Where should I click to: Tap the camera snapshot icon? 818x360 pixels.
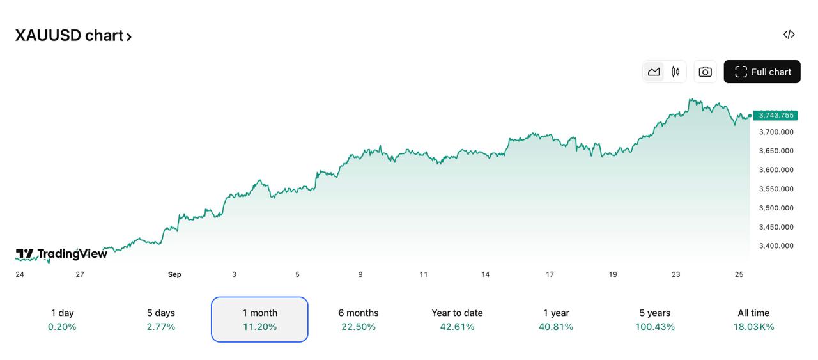tap(705, 72)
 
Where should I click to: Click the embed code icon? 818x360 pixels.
tap(789, 35)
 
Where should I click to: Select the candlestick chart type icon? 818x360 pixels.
tap(675, 72)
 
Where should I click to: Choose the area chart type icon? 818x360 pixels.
tap(654, 72)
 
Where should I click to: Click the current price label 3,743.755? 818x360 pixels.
tap(776, 116)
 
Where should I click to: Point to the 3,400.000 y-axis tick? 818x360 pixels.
tap(776, 246)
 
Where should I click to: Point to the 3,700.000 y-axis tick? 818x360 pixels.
tap(776, 132)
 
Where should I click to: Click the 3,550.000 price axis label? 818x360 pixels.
tap(776, 189)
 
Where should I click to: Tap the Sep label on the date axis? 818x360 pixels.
tap(174, 274)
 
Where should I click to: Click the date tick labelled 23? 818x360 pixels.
tap(675, 274)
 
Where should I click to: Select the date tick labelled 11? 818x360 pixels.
tap(423, 274)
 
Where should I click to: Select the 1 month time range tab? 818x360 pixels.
tap(259, 319)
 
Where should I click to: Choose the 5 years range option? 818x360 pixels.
tap(654, 319)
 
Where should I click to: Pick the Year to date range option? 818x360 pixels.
tap(457, 319)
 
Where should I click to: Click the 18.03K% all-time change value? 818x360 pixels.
tap(753, 327)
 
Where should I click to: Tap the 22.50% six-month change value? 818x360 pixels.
tap(358, 327)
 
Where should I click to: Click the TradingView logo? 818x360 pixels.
tap(61, 254)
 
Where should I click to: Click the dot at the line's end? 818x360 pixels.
tap(750, 116)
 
